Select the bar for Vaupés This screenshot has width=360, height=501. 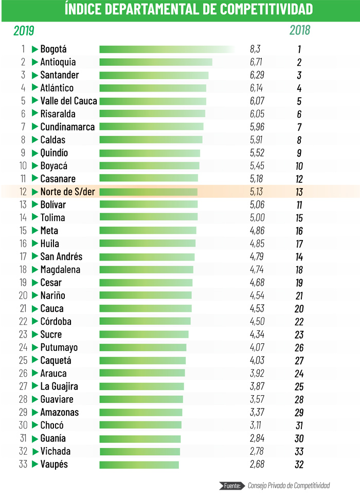tap(139, 465)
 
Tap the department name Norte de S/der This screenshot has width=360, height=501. tap(67, 192)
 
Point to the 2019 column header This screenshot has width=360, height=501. tap(24, 30)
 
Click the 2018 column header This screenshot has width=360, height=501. tap(299, 30)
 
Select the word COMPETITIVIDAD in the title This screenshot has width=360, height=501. tap(260, 9)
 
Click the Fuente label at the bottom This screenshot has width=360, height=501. tap(233, 485)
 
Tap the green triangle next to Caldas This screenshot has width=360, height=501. tap(35, 140)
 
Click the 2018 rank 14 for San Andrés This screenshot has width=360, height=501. tap(299, 257)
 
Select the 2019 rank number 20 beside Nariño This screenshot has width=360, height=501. tap(23, 295)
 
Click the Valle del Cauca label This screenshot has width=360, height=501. tap(68, 101)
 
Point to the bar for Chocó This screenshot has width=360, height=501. tap(140, 425)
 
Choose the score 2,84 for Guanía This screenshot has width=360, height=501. tap(256, 438)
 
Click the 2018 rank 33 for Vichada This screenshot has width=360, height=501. tap(299, 452)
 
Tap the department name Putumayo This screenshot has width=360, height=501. tap(59, 348)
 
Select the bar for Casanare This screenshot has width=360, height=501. tap(148, 179)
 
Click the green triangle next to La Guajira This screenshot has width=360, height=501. tap(35, 386)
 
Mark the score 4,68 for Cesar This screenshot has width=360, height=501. tap(256, 283)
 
